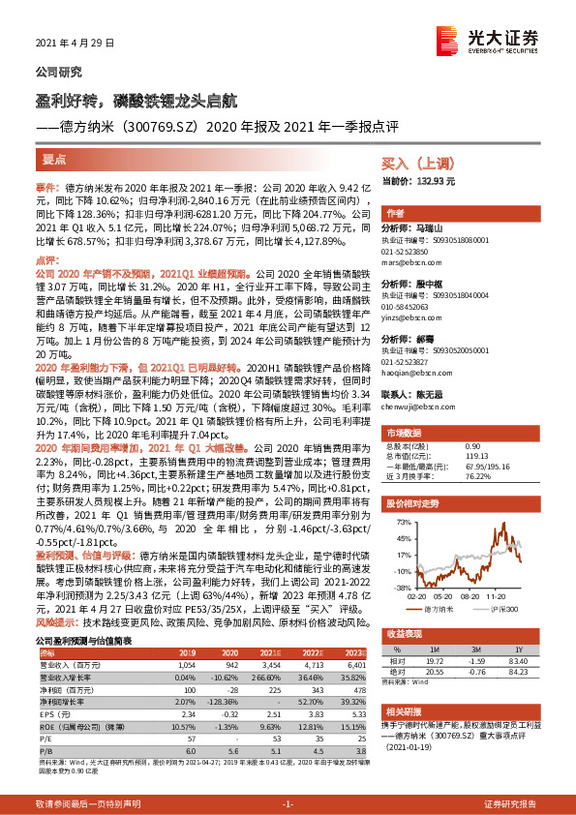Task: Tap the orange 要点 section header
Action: [x=55, y=158]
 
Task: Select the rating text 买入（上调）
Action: [x=412, y=166]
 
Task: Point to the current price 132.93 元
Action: [x=422, y=182]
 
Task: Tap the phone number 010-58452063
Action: [x=411, y=306]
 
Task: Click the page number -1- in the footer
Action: [x=288, y=804]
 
